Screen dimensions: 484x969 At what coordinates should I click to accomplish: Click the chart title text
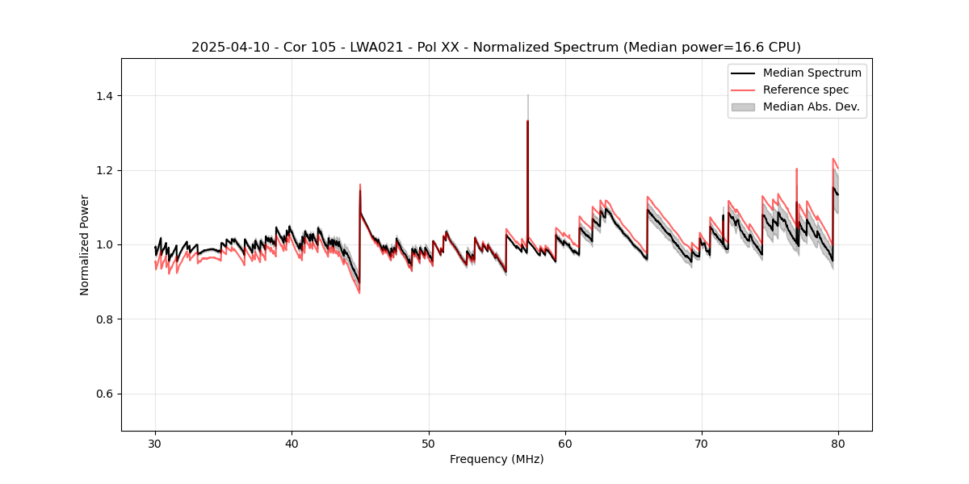point(496,47)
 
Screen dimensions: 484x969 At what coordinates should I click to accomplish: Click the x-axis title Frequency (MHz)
point(496,459)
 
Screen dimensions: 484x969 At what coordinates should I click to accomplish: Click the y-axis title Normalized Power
point(85,244)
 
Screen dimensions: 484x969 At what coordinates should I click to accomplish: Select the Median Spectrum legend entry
point(812,73)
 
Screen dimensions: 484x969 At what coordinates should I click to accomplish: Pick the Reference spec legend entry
point(805,90)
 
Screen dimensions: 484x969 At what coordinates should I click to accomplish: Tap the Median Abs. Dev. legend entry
point(811,106)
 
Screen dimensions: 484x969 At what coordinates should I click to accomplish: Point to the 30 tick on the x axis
point(155,443)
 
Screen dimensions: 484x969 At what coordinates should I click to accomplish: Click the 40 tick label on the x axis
point(292,443)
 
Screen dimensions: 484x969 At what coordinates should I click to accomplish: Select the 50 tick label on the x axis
point(428,443)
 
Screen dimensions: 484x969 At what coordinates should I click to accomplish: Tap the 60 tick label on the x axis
point(565,443)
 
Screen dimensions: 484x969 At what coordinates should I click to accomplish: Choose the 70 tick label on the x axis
point(702,443)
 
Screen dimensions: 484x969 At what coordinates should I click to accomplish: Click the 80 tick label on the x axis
point(838,443)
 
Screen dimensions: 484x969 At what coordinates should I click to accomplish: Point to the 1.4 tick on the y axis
point(107,96)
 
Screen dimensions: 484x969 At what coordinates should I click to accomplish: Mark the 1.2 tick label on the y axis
point(107,170)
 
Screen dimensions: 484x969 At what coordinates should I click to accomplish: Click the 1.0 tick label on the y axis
point(107,244)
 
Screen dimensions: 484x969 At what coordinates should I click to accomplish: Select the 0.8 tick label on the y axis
point(107,319)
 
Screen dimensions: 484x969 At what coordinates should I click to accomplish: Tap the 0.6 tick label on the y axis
point(107,394)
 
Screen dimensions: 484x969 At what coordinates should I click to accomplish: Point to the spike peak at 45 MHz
point(360,185)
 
